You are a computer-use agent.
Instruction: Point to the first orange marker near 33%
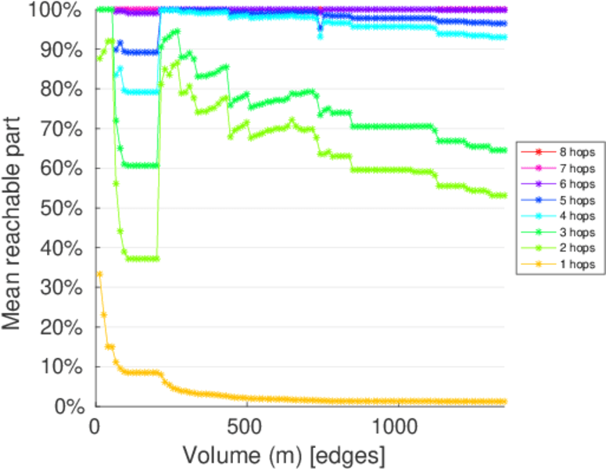click(x=99, y=274)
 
